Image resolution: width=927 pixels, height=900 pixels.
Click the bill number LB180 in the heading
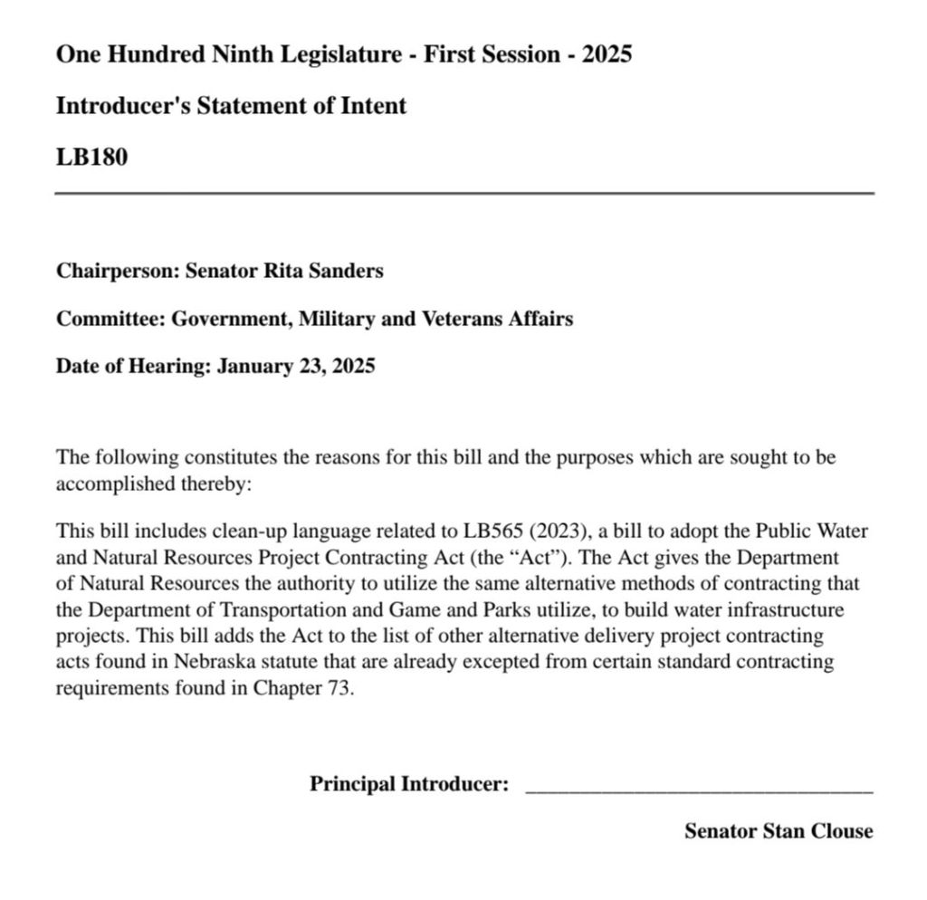pos(91,158)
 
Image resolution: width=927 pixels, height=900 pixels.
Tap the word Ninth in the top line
pos(244,54)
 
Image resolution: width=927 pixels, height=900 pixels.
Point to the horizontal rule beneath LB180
pos(464,194)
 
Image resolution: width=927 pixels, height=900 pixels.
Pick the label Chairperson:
pos(118,271)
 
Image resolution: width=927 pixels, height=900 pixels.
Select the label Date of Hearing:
pos(133,367)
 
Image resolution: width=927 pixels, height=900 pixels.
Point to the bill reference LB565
pos(493,531)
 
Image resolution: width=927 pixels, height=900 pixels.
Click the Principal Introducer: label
pos(409,784)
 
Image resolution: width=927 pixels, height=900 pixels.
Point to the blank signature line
pos(699,790)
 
